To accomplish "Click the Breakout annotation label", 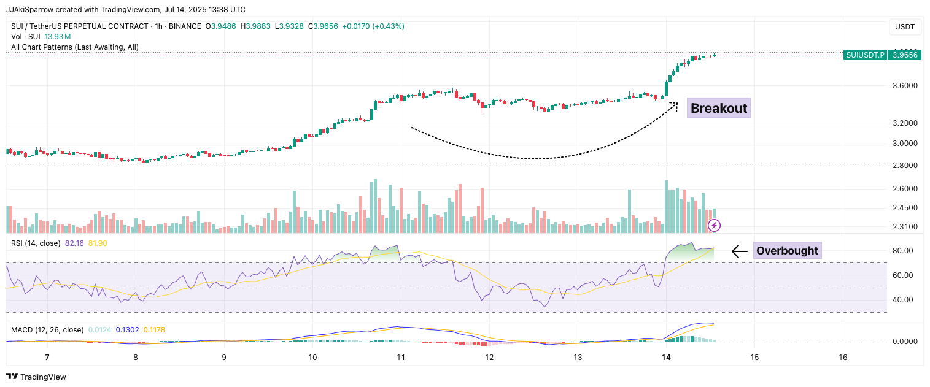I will pyautogui.click(x=719, y=109).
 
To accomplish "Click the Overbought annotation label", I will pyautogui.click(x=787, y=251).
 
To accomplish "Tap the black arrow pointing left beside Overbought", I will pyautogui.click(x=739, y=251).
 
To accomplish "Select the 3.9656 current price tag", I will pyautogui.click(x=905, y=55).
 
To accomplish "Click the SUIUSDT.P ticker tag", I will pyautogui.click(x=865, y=55).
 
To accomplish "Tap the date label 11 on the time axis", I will pyautogui.click(x=401, y=358).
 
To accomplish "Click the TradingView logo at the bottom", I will pyautogui.click(x=37, y=377).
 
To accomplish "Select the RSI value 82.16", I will pyautogui.click(x=75, y=243).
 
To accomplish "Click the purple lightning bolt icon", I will pyautogui.click(x=715, y=226).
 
